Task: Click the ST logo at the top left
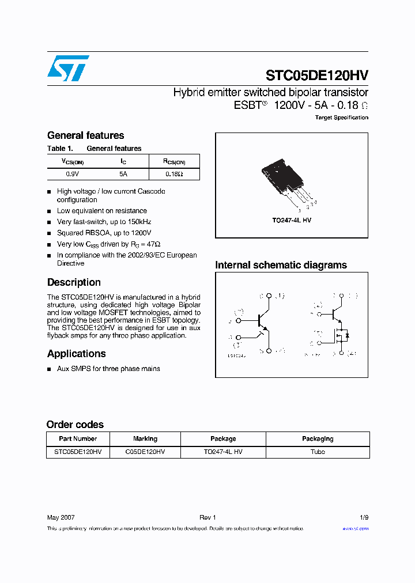(x=68, y=68)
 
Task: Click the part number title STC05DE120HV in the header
(x=316, y=75)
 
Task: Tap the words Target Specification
(x=341, y=118)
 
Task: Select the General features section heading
(x=85, y=135)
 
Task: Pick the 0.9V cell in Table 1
(x=73, y=173)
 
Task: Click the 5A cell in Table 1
(x=123, y=173)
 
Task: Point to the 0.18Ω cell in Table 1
(x=174, y=173)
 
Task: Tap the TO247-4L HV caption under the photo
(x=292, y=221)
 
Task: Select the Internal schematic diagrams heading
(x=281, y=265)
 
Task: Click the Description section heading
(x=74, y=282)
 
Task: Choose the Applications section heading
(x=76, y=354)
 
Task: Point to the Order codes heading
(x=75, y=425)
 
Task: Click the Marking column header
(x=145, y=439)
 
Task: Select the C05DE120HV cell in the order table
(x=145, y=452)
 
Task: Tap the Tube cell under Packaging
(x=318, y=452)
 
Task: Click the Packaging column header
(x=318, y=439)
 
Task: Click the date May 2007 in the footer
(x=61, y=517)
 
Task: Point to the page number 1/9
(x=364, y=517)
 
